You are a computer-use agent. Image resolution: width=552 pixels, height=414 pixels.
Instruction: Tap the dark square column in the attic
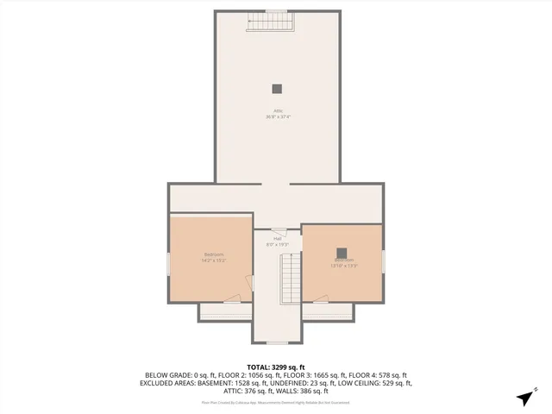point(277,87)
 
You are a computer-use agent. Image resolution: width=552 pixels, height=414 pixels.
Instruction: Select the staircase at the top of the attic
point(270,22)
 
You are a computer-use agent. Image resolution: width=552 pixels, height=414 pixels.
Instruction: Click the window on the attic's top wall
point(276,11)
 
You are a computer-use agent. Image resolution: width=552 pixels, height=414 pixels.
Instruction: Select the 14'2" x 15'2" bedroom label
point(213,257)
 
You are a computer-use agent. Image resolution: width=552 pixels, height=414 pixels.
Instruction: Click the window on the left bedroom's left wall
point(168,263)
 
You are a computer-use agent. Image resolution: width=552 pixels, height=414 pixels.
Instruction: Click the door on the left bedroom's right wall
point(250,284)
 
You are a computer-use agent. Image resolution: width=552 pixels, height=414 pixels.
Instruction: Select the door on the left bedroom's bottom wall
point(232,299)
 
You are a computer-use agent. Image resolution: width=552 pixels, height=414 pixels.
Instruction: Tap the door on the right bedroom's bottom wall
point(320,299)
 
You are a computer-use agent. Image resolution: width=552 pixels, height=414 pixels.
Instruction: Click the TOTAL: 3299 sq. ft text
point(276,367)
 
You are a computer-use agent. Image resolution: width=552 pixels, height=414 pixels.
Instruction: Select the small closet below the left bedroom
point(226,310)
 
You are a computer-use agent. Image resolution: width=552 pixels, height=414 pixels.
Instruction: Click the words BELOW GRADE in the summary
point(168,375)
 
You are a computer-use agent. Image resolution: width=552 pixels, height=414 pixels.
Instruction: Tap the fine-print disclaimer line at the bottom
point(276,402)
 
